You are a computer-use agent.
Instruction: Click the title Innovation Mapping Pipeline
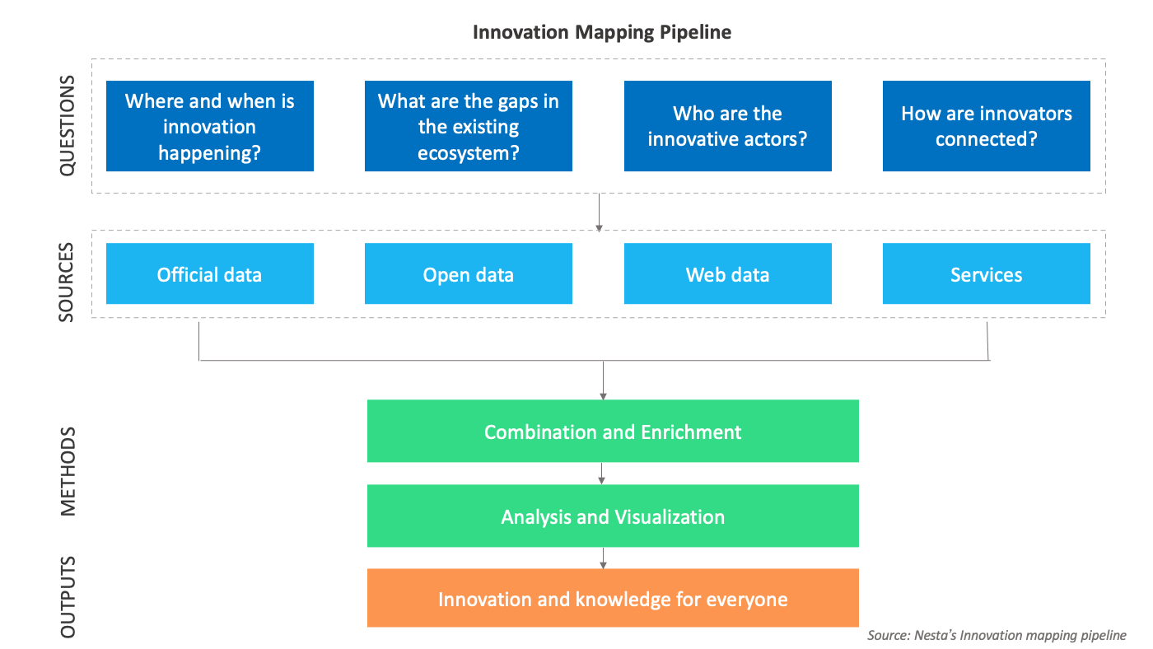tap(601, 32)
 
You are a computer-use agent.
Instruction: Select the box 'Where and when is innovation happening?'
tap(210, 126)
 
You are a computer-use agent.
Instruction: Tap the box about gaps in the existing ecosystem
tap(468, 126)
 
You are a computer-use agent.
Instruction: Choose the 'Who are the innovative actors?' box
tap(727, 126)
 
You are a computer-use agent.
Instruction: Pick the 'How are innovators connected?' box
tap(986, 126)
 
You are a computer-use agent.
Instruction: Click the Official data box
tap(210, 274)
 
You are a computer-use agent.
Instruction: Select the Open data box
tap(468, 274)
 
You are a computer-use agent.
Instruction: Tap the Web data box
tap(727, 274)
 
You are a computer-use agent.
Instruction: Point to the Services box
tap(986, 274)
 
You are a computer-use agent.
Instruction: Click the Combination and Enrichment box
tap(613, 432)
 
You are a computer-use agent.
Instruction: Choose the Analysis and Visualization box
tap(613, 516)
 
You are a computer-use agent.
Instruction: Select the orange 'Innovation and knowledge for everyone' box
tap(613, 599)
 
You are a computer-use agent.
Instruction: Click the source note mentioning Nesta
tap(996, 635)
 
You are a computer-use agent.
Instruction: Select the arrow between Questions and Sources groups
tap(599, 212)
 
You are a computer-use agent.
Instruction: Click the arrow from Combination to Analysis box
tap(603, 473)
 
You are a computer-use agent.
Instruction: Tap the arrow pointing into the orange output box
tap(603, 558)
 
